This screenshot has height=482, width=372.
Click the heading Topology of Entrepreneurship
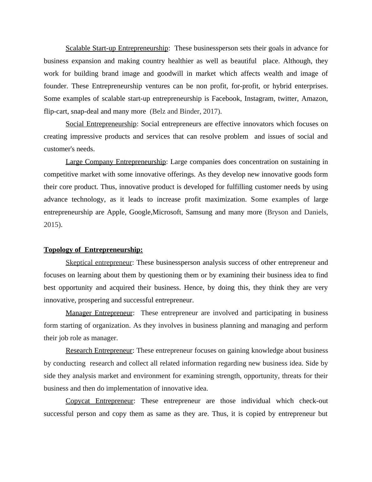tap(93, 250)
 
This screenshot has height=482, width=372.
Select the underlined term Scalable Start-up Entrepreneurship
tap(117, 48)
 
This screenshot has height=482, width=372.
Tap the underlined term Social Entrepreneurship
tap(101, 124)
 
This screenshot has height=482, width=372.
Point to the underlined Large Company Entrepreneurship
tap(116, 162)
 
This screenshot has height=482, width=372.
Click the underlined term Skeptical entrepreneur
tap(99, 263)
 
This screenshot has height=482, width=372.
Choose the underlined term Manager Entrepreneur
tap(99, 313)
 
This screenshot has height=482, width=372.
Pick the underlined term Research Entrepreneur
tap(99, 351)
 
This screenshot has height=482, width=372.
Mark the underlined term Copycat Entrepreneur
tap(99, 401)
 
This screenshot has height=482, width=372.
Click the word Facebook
tap(226, 99)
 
